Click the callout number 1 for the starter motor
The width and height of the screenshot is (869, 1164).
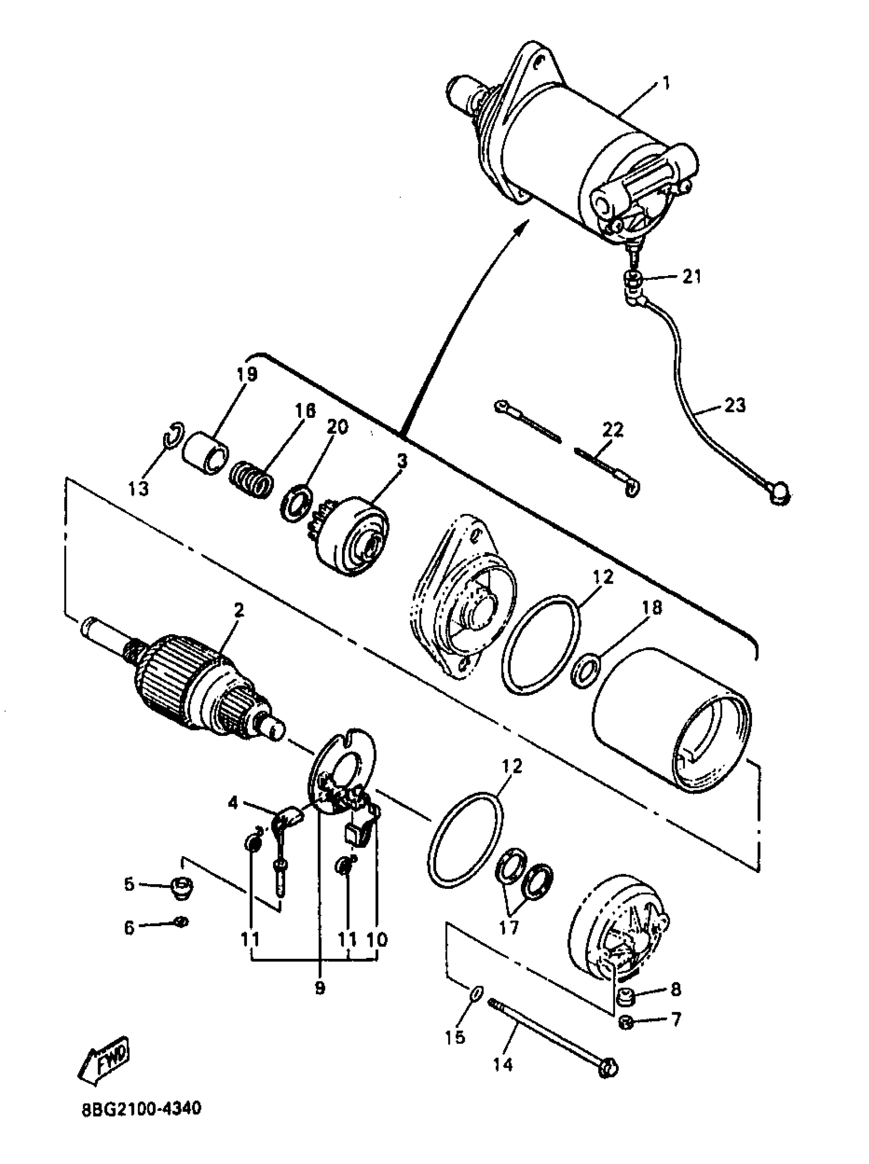click(x=666, y=83)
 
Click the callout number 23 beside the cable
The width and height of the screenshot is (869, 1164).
click(x=735, y=406)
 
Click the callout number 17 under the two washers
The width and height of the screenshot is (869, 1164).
click(x=508, y=927)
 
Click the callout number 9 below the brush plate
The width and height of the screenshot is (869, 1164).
click(x=320, y=988)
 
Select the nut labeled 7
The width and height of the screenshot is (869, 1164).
click(x=626, y=1022)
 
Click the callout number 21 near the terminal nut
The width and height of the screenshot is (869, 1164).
click(x=692, y=276)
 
